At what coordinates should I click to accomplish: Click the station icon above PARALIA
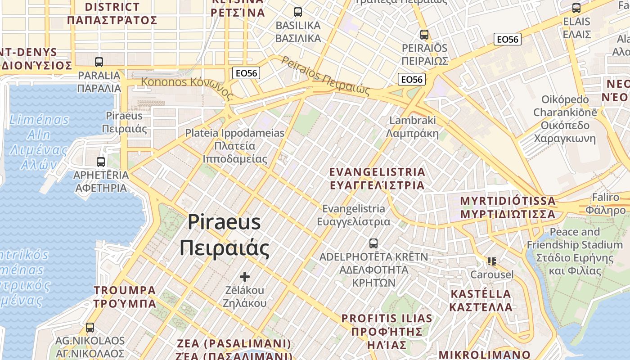[99, 62]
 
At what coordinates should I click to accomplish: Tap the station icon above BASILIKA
[298, 12]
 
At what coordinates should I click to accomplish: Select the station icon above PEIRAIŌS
[424, 34]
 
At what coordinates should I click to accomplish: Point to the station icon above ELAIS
[576, 8]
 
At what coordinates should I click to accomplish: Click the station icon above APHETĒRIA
[101, 162]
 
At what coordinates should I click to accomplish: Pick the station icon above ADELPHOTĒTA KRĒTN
[373, 243]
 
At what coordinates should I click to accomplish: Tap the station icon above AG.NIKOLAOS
[90, 328]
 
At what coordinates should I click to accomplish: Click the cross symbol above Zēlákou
[245, 276]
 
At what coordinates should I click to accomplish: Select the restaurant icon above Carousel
[491, 261]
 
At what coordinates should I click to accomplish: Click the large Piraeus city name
[224, 235]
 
